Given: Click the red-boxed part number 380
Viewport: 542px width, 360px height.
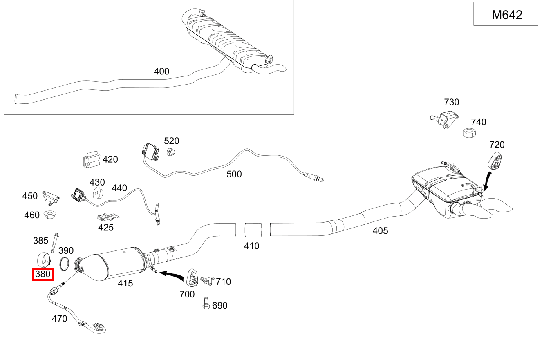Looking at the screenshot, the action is click(x=43, y=274).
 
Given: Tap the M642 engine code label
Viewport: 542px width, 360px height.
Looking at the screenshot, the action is click(x=507, y=15).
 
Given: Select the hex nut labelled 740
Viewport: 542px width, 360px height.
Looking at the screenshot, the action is click(x=469, y=133).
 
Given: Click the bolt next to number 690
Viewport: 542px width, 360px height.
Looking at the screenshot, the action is click(x=206, y=303).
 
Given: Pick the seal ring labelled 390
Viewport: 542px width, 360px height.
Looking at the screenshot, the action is click(x=64, y=264).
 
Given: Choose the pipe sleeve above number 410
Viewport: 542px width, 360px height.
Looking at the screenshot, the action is click(x=253, y=230).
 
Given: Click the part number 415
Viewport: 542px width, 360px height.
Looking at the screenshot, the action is click(x=125, y=283).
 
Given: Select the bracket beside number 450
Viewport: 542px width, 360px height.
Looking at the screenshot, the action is click(x=51, y=198).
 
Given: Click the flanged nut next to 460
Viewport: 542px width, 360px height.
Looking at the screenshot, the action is click(x=50, y=215).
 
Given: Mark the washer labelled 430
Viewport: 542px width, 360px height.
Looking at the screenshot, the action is click(x=98, y=193).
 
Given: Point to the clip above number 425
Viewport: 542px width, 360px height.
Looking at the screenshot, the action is click(x=108, y=217).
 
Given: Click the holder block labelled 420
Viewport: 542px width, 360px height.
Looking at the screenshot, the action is click(x=92, y=159).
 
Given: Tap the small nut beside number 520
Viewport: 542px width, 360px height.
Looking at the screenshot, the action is click(x=171, y=152).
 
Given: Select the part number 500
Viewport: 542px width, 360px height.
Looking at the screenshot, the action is click(x=234, y=174).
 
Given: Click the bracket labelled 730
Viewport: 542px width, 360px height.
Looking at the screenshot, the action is click(x=444, y=120).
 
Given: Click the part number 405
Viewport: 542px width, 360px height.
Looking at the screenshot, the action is click(x=380, y=231).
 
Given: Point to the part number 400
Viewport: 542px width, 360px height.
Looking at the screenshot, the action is click(x=161, y=72).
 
